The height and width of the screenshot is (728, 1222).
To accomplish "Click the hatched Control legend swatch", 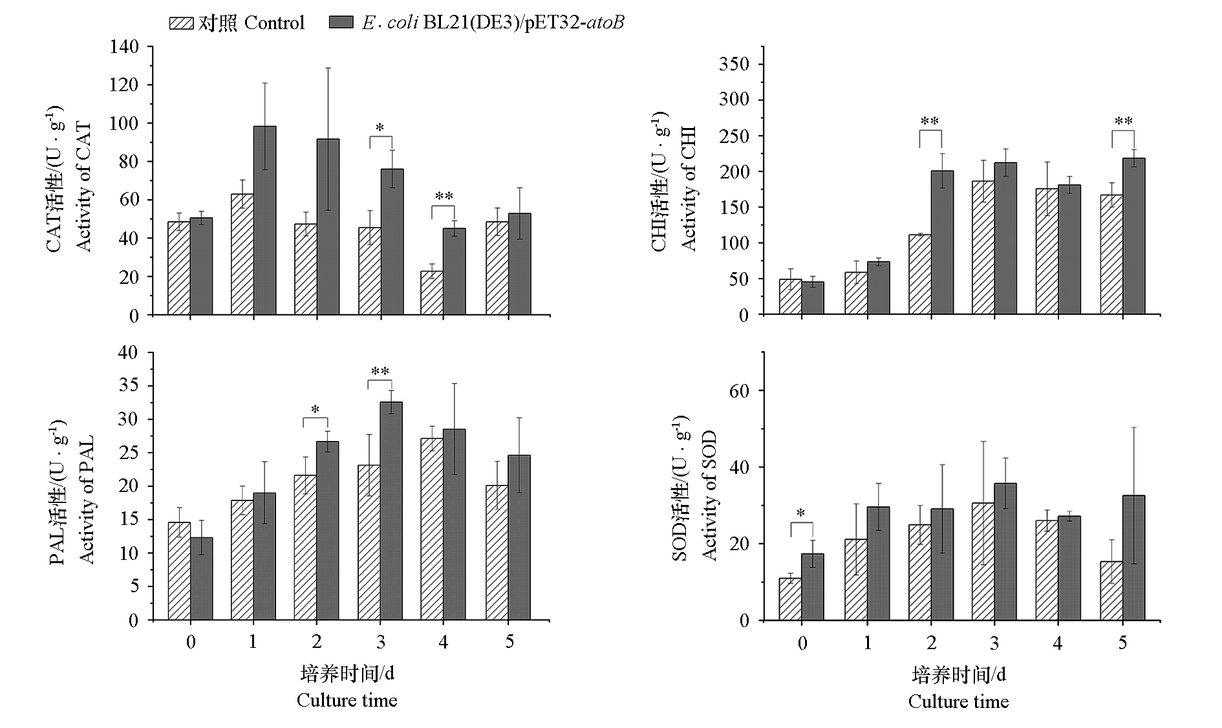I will [181, 23].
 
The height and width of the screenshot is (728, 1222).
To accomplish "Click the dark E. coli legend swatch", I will [341, 23].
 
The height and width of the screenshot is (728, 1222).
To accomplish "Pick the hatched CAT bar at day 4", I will [432, 293].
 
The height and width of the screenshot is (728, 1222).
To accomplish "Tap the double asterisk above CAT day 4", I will [444, 197].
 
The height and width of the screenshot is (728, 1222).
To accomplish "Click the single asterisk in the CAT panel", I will [380, 128].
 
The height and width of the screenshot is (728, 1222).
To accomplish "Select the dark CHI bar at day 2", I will [942, 242].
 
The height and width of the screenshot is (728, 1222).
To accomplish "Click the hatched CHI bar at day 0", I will [790, 297].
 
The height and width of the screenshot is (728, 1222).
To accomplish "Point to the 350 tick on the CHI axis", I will [736, 64].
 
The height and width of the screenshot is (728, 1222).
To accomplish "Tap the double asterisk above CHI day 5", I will [1124, 122].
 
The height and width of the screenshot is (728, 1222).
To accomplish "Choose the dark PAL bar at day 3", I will [391, 511].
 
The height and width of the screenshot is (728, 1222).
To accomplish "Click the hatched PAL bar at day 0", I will [179, 571].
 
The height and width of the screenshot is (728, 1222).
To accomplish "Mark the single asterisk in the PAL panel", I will [316, 409].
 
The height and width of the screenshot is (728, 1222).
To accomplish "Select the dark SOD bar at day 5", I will [1134, 557].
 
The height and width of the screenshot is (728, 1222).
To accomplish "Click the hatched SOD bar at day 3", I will [983, 561].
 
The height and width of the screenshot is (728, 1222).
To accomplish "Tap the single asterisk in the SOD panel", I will [801, 513].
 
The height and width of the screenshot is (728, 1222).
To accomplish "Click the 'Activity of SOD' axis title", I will [709, 495].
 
